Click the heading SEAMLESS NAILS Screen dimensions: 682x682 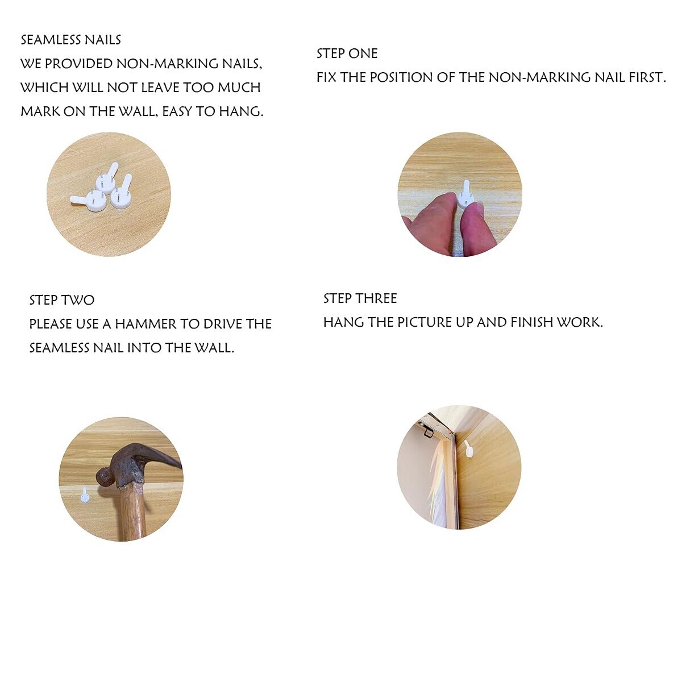tap(71, 40)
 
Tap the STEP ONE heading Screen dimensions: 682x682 tap(347, 54)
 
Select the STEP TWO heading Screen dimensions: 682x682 tap(61, 301)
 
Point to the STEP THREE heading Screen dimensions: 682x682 tap(360, 299)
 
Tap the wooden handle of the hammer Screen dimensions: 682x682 tap(132, 513)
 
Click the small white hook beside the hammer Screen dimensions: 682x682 tap(85, 496)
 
